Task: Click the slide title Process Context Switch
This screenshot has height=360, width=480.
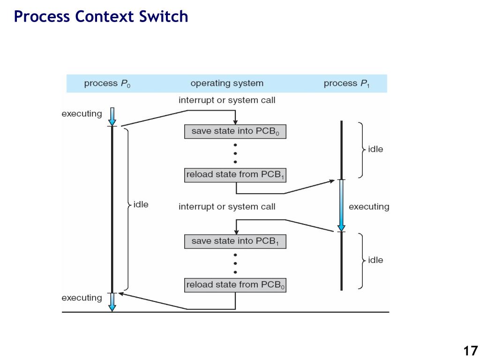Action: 101,16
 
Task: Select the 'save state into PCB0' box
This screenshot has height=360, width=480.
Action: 235,132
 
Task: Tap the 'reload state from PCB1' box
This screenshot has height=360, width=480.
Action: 235,175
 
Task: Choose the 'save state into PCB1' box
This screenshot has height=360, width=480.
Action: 235,241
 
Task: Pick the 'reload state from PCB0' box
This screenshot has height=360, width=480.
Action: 235,285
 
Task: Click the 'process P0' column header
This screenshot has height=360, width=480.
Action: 107,83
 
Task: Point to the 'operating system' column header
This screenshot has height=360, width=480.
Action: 227,83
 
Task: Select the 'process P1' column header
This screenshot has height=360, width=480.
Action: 346,83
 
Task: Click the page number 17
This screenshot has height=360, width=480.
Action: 471,351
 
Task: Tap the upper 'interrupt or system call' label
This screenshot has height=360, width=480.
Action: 227,100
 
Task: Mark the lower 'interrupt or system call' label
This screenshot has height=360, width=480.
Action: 227,207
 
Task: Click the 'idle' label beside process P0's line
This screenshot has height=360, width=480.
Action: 141,204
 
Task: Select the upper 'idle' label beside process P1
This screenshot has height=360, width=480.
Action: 375,150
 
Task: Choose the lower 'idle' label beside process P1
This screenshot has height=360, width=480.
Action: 375,260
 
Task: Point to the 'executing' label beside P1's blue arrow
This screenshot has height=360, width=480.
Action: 369,207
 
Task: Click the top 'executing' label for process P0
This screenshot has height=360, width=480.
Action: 82,114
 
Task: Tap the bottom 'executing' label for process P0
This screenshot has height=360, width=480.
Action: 82,298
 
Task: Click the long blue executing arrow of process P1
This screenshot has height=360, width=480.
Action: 341,205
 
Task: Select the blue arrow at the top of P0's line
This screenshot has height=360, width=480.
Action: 112,117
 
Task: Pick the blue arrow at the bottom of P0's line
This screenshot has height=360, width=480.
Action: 112,302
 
